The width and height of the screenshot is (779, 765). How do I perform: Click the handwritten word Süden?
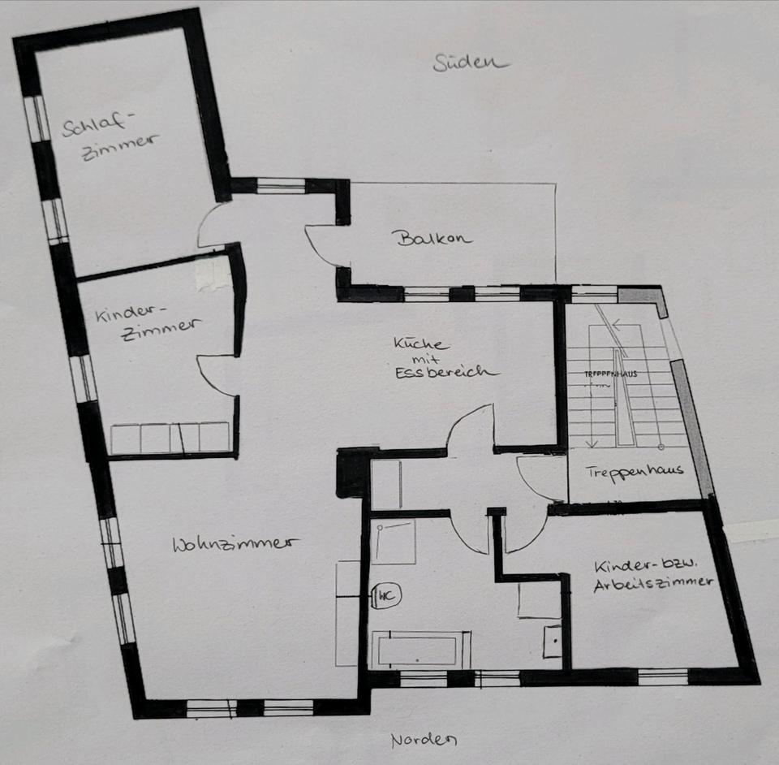(x=470, y=63)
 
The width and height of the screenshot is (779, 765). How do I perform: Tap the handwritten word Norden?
(x=424, y=740)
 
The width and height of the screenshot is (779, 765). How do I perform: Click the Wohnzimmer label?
(x=231, y=544)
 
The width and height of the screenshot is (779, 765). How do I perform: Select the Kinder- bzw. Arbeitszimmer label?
(x=653, y=574)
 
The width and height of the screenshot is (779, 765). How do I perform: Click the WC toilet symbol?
(x=386, y=597)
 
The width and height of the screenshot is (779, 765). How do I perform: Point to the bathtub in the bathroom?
(x=420, y=650)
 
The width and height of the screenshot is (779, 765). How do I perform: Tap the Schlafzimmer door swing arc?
(x=213, y=226)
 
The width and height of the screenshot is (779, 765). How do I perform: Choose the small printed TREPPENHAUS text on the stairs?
(x=610, y=374)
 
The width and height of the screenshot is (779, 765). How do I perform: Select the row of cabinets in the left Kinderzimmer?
(x=170, y=438)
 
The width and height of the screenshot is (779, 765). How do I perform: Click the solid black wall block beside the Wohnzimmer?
(x=352, y=473)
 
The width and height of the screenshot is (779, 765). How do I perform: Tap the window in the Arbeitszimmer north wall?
(x=663, y=675)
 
